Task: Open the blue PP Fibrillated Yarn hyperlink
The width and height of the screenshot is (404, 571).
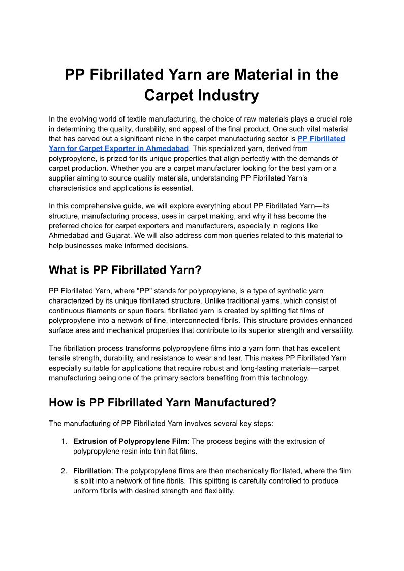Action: coord(321,138)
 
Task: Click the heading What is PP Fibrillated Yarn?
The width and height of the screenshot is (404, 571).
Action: coord(125,270)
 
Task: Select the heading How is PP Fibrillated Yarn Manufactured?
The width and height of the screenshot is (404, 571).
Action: coord(162,403)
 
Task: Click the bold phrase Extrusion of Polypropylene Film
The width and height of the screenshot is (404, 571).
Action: coord(130,441)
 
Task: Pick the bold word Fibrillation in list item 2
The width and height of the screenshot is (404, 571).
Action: coord(92,471)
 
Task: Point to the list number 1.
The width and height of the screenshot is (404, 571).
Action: coord(64,441)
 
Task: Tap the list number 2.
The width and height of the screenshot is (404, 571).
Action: coord(64,471)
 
